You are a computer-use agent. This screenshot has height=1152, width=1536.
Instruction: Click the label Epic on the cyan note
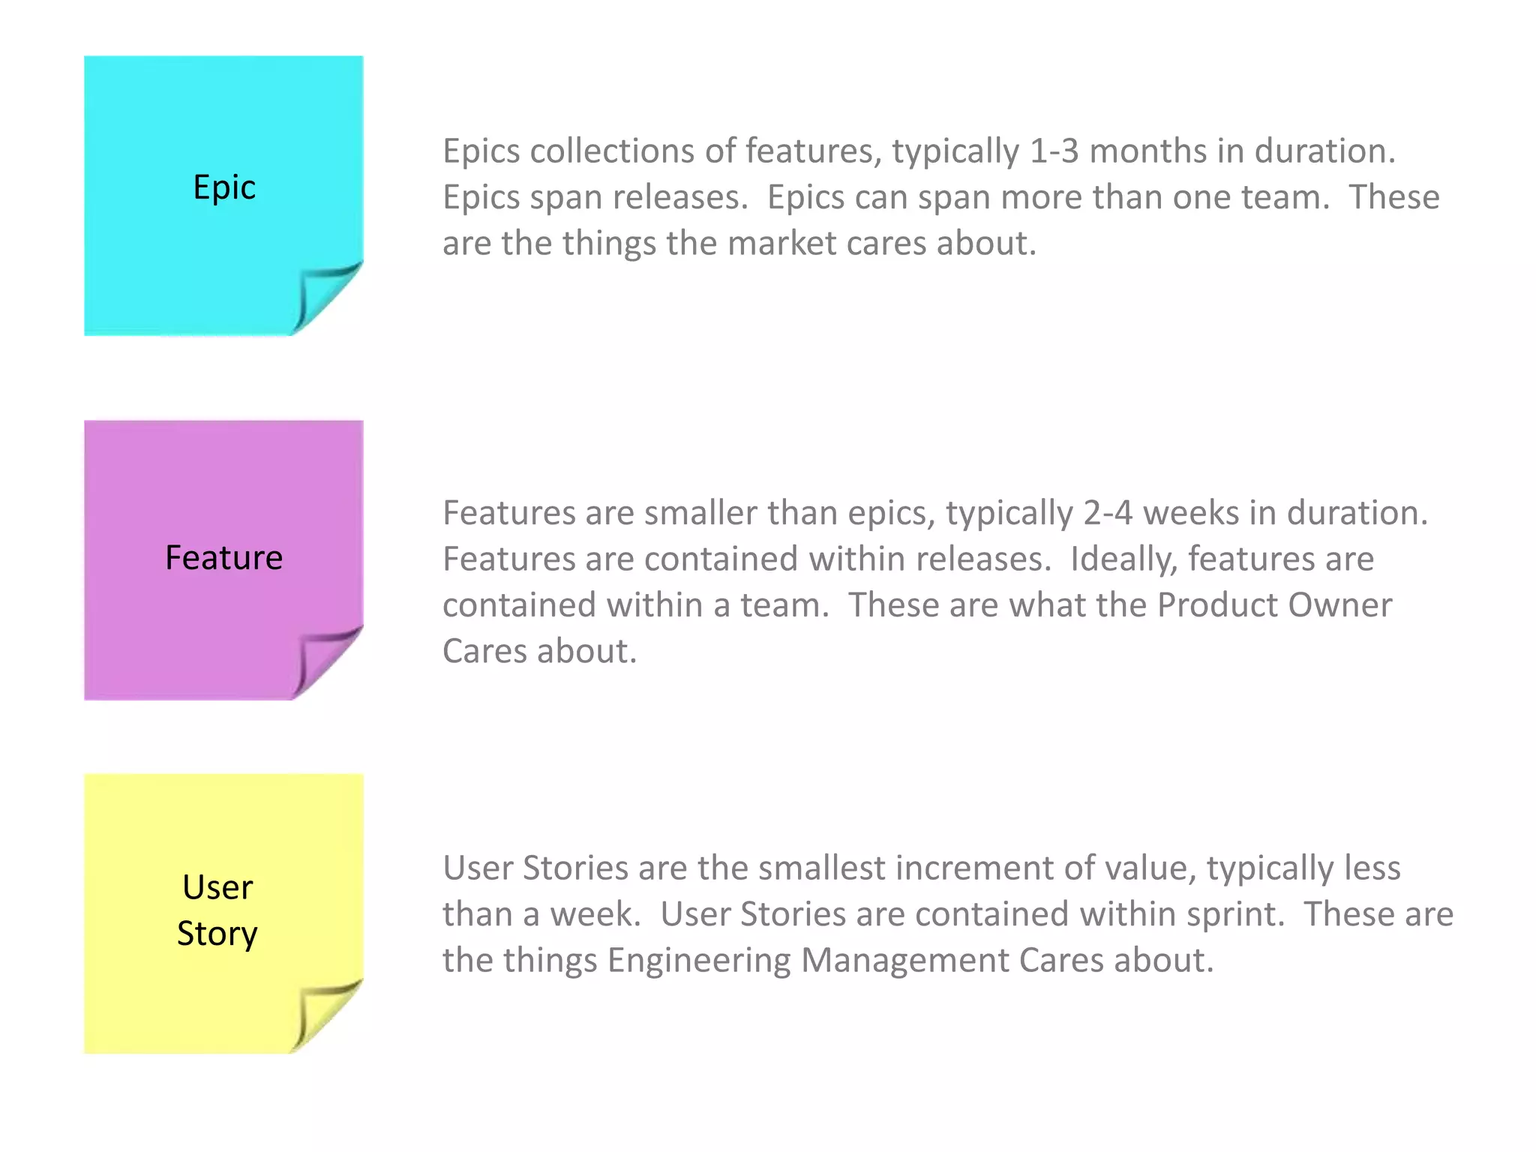click(x=224, y=187)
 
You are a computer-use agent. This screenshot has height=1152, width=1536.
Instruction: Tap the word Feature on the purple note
click(x=224, y=558)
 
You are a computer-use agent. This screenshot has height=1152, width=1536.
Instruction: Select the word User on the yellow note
click(x=217, y=887)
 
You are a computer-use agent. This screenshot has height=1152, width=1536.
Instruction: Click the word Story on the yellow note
click(x=217, y=934)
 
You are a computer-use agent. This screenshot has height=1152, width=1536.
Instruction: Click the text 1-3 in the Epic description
click(x=1054, y=151)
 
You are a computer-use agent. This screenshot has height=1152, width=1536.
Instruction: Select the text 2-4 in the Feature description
click(x=1108, y=514)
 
